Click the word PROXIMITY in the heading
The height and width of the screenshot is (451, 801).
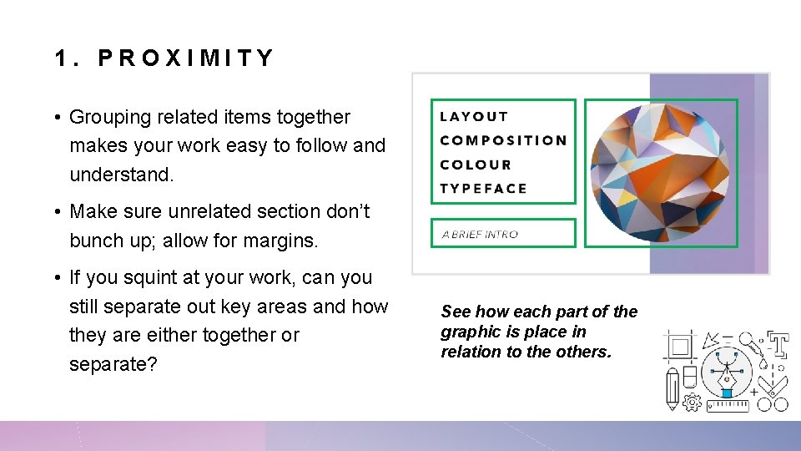click(x=186, y=58)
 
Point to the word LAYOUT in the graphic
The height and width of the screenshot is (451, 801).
click(x=474, y=117)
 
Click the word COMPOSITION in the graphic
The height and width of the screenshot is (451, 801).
click(x=503, y=140)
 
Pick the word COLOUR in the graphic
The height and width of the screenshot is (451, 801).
click(x=476, y=165)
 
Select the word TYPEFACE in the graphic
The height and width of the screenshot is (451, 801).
click(x=483, y=189)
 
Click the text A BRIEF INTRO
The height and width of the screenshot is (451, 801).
click(x=480, y=235)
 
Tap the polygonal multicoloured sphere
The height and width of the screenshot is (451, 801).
click(x=660, y=174)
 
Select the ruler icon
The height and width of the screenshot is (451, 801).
click(x=728, y=405)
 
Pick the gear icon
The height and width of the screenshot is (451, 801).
click(x=692, y=403)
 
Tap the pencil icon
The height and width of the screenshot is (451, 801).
click(x=672, y=391)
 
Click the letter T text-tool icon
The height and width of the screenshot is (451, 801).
click(x=778, y=345)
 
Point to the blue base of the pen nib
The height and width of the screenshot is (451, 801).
click(x=726, y=392)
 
